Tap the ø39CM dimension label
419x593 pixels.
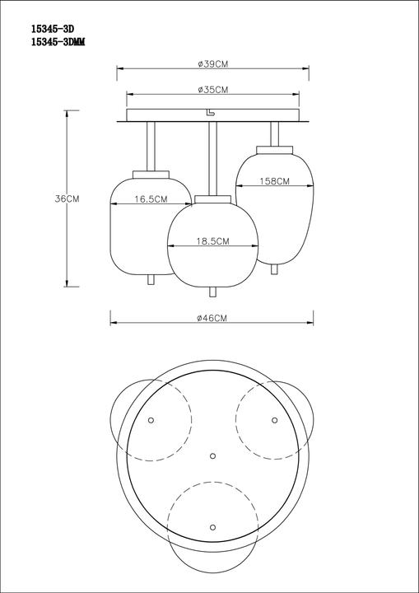pyautogui.click(x=212, y=63)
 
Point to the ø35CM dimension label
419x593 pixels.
pyautogui.click(x=212, y=89)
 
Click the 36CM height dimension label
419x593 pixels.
pyautogui.click(x=67, y=199)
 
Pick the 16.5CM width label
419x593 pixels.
pyautogui.click(x=151, y=199)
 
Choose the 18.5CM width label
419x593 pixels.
pyautogui.click(x=212, y=241)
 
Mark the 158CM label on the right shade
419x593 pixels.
pyautogui.click(x=274, y=181)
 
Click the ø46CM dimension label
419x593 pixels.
pyautogui.click(x=212, y=318)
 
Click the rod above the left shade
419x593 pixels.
pyautogui.click(x=151, y=146)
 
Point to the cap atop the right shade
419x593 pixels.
pyautogui.click(x=274, y=148)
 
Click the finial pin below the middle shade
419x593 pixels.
pyautogui.click(x=212, y=292)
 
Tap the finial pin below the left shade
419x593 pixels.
pyautogui.click(x=151, y=280)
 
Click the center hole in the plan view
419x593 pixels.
pyautogui.click(x=212, y=455)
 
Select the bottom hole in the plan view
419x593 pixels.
pyautogui.click(x=212, y=525)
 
